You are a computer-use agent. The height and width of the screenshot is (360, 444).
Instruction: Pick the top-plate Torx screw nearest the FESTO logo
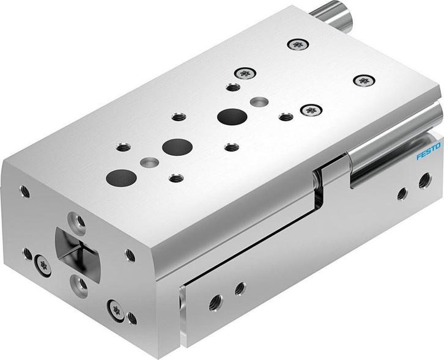click(x=364, y=80)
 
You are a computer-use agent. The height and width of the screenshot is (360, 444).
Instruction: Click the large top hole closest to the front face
click(x=120, y=177)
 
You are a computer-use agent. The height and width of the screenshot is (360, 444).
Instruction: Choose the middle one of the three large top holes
click(x=177, y=147)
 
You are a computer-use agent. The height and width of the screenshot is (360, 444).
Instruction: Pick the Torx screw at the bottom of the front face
click(x=115, y=309)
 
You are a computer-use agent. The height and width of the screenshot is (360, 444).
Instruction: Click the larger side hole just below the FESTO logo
click(x=424, y=180)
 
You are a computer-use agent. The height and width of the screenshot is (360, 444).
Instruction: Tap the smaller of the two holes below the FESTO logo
click(x=402, y=194)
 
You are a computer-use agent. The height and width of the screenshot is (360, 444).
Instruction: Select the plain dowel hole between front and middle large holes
click(x=148, y=163)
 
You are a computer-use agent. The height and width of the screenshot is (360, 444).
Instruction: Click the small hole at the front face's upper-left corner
click(x=24, y=191)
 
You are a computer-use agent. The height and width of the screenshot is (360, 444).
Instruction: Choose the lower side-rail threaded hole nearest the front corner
click(x=215, y=301)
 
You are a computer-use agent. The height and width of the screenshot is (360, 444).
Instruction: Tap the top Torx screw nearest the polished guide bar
click(x=311, y=110)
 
